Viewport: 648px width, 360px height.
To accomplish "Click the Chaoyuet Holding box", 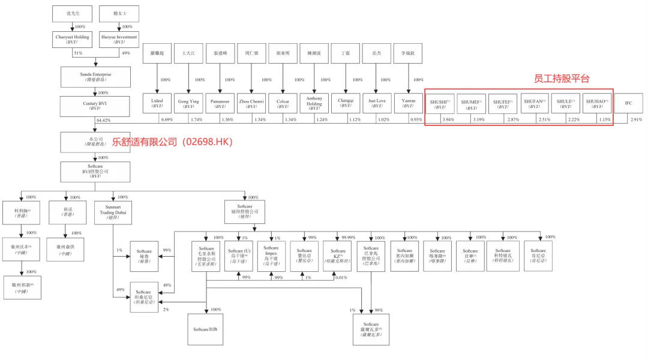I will (72, 40).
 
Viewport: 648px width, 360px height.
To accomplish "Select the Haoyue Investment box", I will (119, 40).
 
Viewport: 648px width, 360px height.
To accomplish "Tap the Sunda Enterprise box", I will (95, 77).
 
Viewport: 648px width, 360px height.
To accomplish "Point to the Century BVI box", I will (95, 106).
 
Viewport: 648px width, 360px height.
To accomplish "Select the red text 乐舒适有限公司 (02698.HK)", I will (172, 142).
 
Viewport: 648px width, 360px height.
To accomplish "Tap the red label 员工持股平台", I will (562, 79).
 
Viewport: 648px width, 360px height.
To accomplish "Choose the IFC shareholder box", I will (628, 103).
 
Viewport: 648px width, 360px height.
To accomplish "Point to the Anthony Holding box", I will (314, 103).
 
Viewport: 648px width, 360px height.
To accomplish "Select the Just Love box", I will (377, 103).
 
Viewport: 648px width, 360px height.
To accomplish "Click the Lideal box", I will (157, 103).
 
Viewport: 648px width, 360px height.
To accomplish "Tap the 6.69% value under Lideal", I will (166, 120).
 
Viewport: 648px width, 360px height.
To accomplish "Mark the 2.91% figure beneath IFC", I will (636, 120).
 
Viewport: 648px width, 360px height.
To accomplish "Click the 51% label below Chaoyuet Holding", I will (77, 53).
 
